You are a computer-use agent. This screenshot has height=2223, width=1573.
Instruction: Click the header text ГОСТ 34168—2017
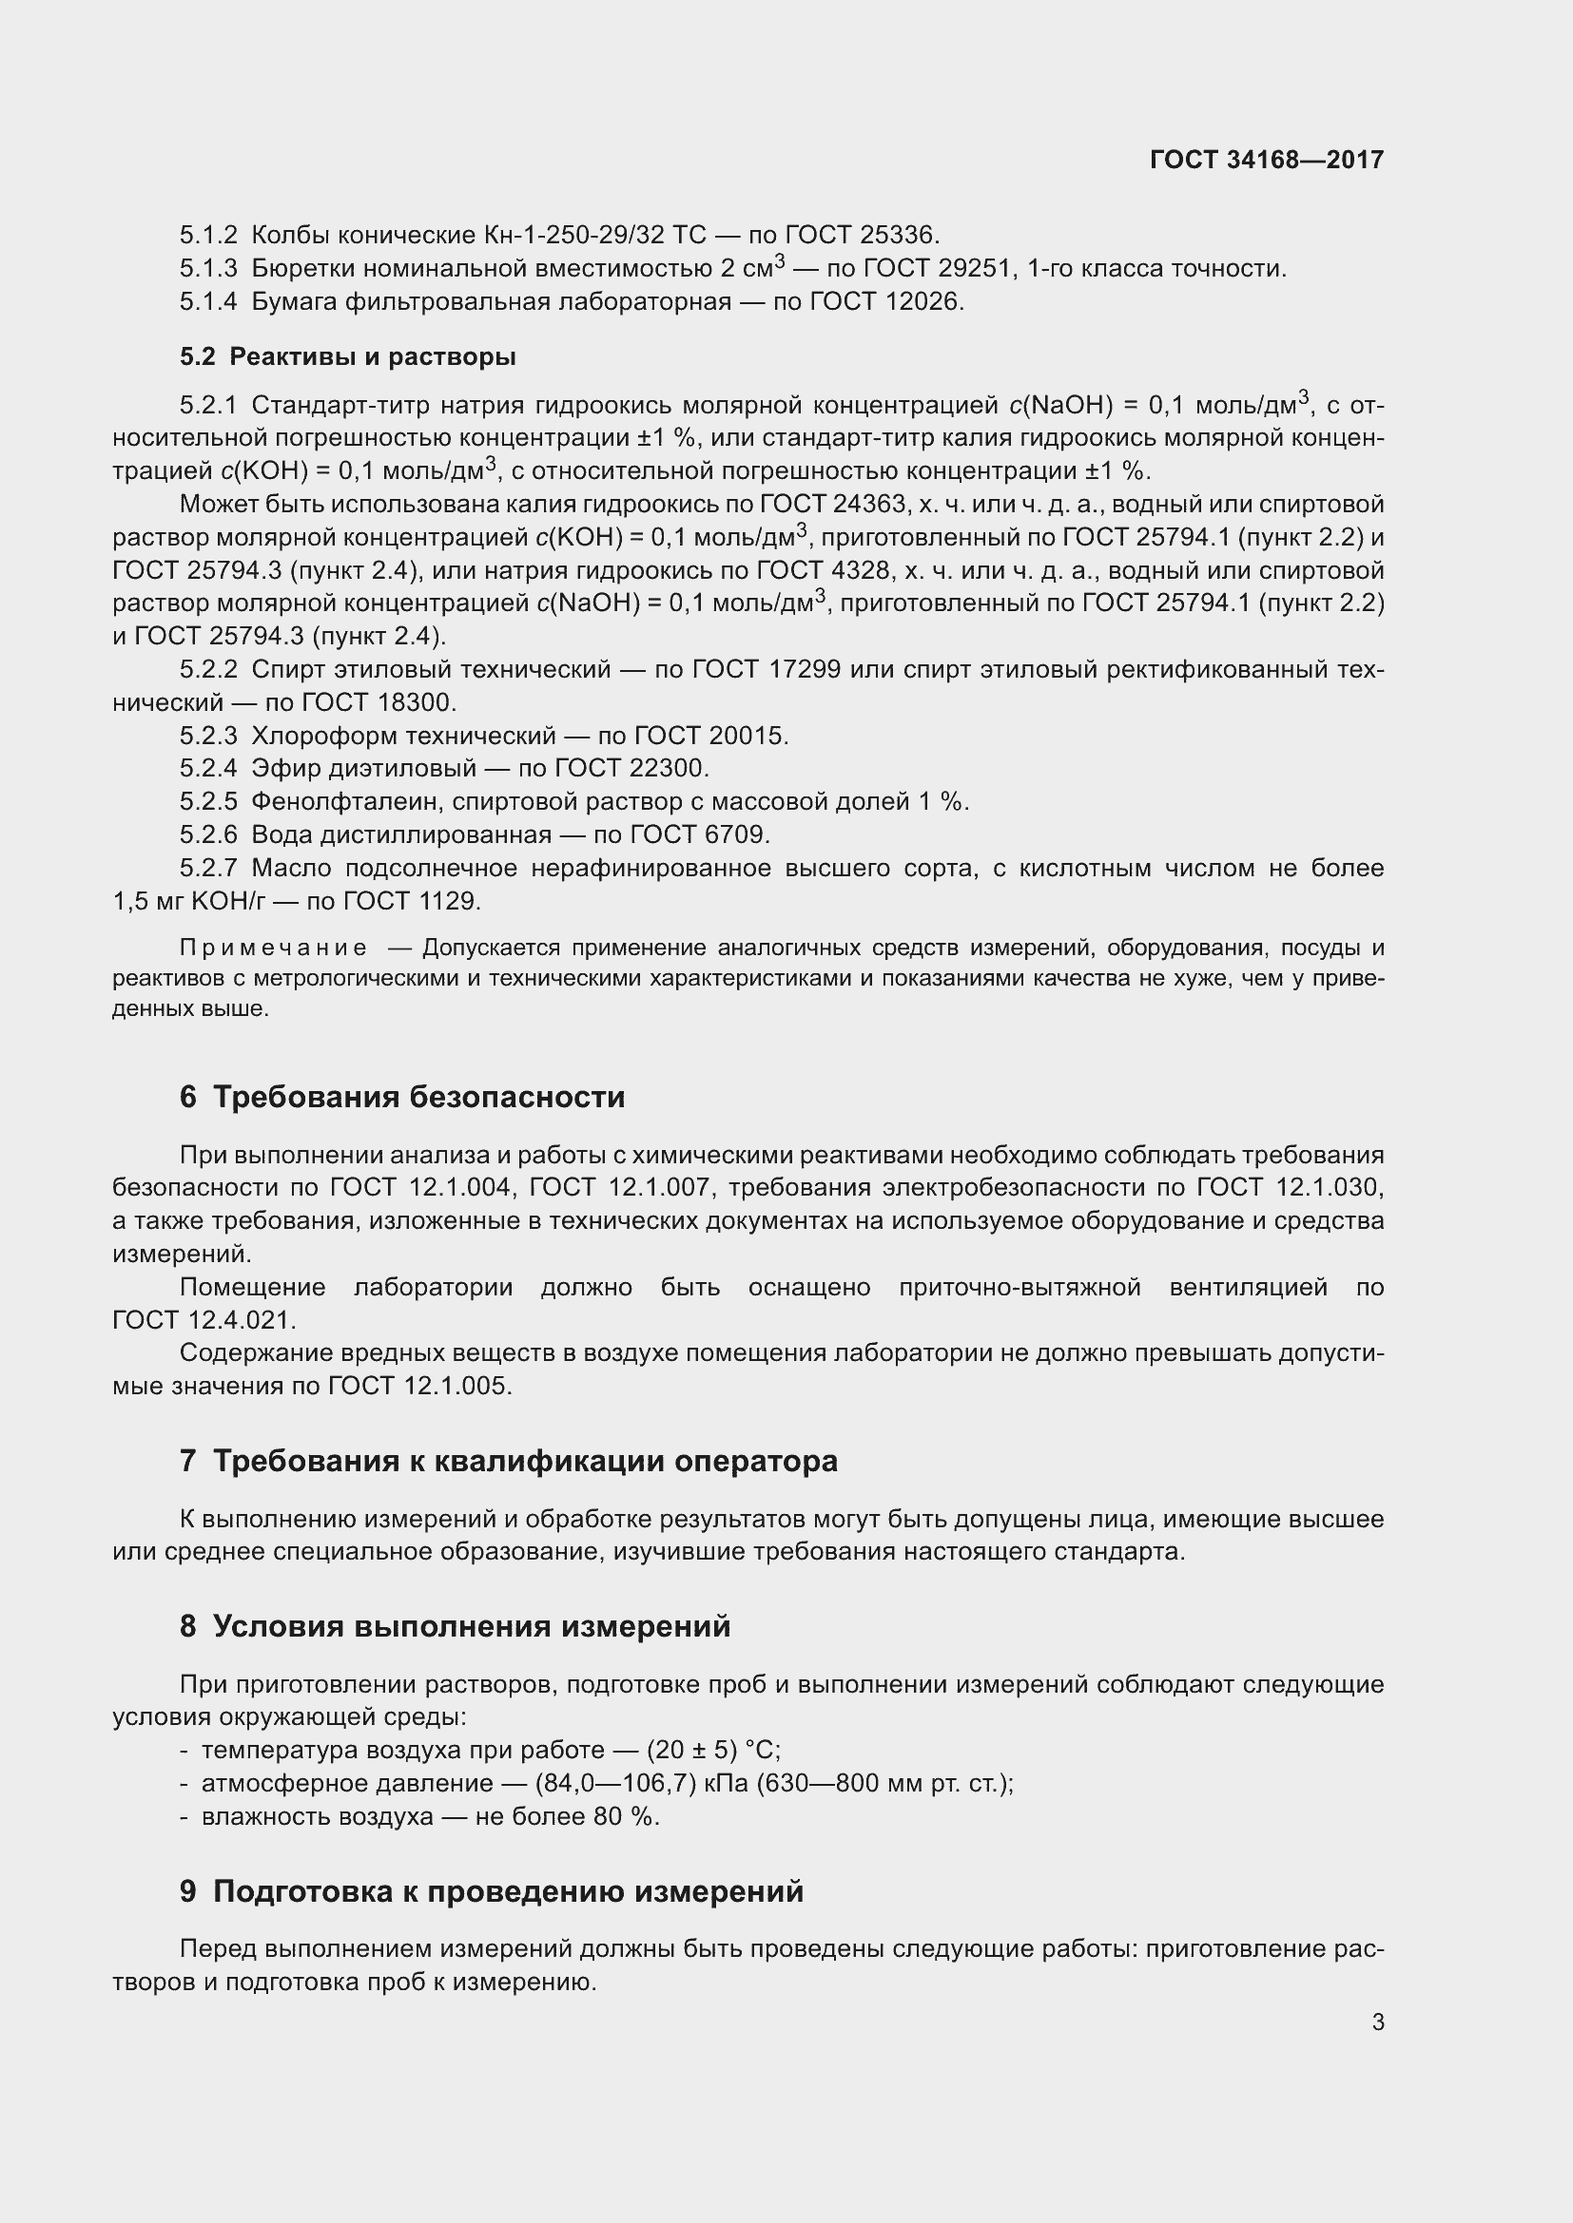click(1266, 160)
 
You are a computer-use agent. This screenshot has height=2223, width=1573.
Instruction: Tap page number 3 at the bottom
click(1377, 2022)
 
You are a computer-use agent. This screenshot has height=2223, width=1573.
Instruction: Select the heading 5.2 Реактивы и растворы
click(348, 356)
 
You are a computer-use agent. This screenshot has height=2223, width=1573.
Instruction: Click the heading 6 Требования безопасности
click(402, 1097)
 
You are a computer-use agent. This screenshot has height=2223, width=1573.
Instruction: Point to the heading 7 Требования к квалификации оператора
click(509, 1461)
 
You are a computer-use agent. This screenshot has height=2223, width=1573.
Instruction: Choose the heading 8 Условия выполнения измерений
click(456, 1625)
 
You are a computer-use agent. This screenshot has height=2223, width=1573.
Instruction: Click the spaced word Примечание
click(273, 948)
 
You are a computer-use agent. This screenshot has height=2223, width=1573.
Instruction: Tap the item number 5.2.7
click(207, 869)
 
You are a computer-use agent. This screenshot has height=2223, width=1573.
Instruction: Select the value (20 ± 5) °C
click(713, 1751)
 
